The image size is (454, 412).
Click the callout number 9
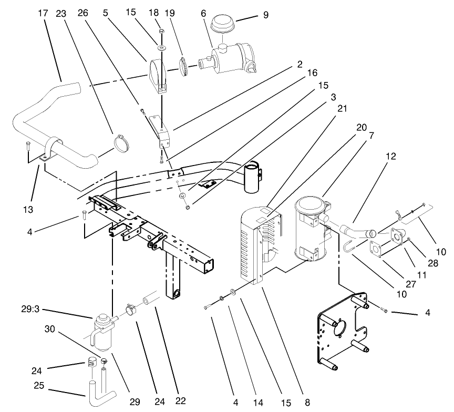point(265,15)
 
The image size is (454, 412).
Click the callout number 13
point(28,210)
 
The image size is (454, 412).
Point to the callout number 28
point(432,263)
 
